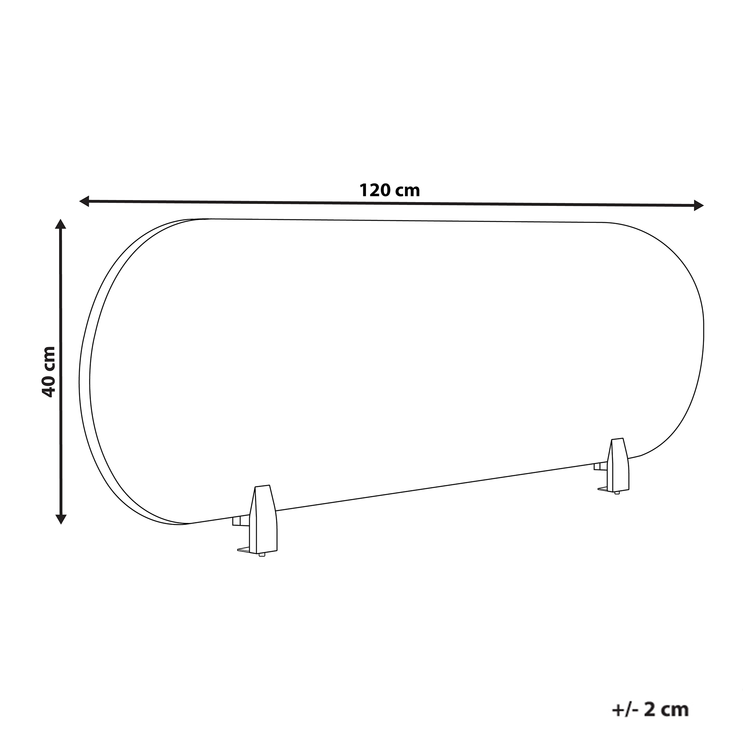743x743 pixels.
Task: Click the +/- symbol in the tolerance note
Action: [x=626, y=698]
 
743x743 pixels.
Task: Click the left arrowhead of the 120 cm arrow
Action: [x=84, y=201]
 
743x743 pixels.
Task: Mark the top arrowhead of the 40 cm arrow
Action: [x=61, y=224]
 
